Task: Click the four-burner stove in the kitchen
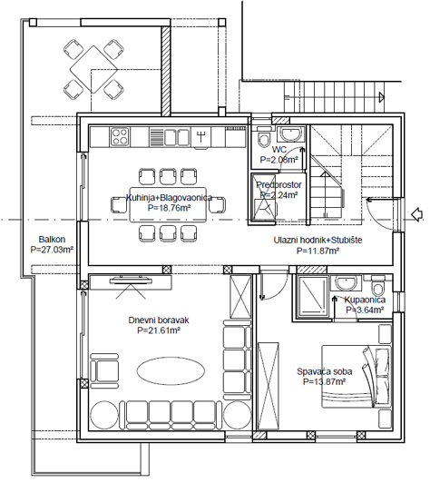[121, 136]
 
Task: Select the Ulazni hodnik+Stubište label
[318, 240]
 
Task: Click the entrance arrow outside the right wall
[416, 215]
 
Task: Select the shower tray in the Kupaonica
[313, 294]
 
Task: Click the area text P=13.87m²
[325, 382]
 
